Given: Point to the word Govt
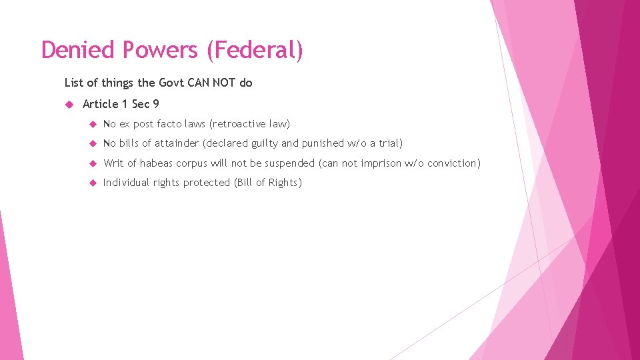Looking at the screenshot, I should (x=173, y=83).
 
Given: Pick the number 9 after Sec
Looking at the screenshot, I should (x=155, y=104).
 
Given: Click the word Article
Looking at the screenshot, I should (x=101, y=104).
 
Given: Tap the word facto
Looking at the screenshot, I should (x=170, y=124).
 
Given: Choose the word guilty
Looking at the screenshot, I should (x=265, y=143).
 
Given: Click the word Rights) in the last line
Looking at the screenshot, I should (x=285, y=183).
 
